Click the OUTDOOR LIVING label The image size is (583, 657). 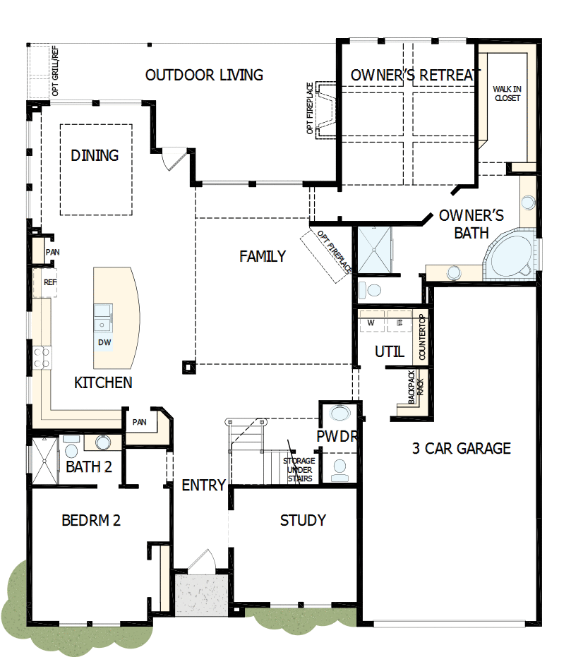(x=204, y=75)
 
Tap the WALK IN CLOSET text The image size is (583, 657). (x=507, y=93)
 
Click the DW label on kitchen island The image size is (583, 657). (x=105, y=343)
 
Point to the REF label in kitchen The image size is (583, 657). (x=50, y=282)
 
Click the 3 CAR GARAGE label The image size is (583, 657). (x=462, y=448)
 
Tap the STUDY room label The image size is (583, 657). (x=303, y=521)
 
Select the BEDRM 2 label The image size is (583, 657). (x=91, y=521)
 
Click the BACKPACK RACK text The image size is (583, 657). (x=416, y=387)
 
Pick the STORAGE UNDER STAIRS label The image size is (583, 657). (x=299, y=470)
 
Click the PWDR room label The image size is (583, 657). (x=337, y=437)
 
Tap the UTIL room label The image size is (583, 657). (x=389, y=351)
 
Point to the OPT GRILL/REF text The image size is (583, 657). (x=55, y=71)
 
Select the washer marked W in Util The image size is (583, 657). (x=371, y=323)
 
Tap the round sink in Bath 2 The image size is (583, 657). (x=103, y=442)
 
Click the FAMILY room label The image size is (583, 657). (x=263, y=256)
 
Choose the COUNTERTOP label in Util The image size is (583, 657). (x=422, y=339)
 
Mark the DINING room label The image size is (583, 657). (x=95, y=155)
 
